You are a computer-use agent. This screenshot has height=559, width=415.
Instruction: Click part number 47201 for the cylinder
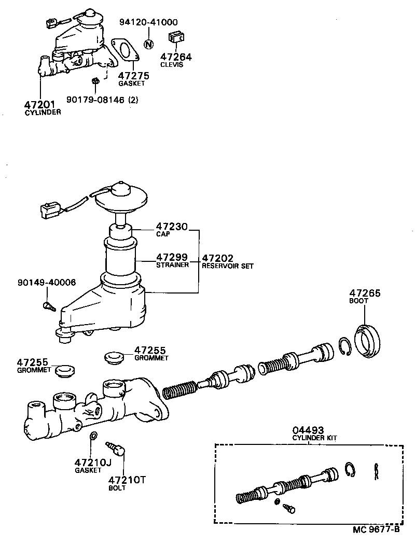41,104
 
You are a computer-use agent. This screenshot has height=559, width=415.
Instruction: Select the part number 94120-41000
148,22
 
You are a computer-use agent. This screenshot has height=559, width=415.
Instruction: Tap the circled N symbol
148,44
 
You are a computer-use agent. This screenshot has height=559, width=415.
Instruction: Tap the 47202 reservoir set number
217,258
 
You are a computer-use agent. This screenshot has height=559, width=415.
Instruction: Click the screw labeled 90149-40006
49,306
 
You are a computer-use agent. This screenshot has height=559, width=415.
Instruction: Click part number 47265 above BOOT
365,293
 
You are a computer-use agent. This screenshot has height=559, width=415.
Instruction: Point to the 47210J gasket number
93,462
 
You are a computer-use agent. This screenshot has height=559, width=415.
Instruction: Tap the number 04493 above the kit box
308,430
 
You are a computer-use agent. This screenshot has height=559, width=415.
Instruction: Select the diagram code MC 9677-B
376,529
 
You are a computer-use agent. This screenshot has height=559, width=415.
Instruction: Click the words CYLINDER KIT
314,438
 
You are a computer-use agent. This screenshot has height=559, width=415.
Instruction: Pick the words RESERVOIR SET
228,266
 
